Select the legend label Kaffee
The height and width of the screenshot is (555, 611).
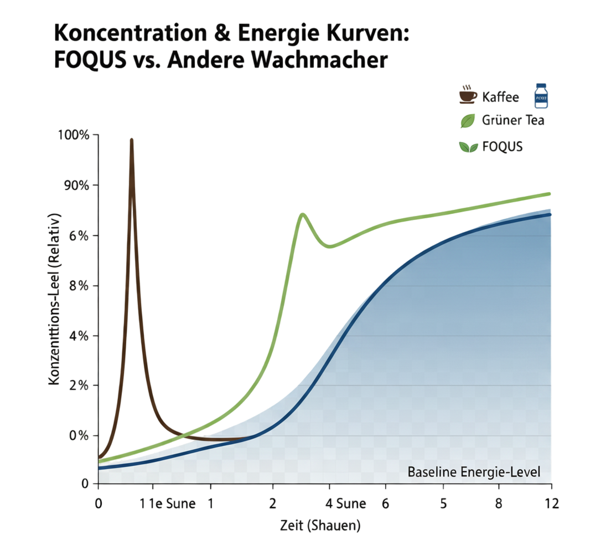pyautogui.click(x=501, y=97)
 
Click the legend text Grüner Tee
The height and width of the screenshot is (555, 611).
pyautogui.click(x=513, y=120)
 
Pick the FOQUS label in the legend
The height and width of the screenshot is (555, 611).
pyautogui.click(x=502, y=147)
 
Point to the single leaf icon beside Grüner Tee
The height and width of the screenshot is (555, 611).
pyautogui.click(x=468, y=120)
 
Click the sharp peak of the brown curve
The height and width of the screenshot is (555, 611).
pyautogui.click(x=131, y=140)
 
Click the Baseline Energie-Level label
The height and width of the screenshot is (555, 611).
pyautogui.click(x=473, y=473)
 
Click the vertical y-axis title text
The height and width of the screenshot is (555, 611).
pyautogui.click(x=55, y=299)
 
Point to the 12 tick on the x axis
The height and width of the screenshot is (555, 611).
pyautogui.click(x=551, y=503)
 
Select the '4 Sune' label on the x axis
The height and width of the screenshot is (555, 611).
pyautogui.click(x=345, y=503)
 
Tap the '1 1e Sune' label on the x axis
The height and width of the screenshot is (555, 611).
pyautogui.click(x=167, y=503)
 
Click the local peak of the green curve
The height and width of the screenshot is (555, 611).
pyautogui.click(x=302, y=213)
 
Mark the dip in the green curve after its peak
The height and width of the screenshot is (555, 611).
pyautogui.click(x=330, y=246)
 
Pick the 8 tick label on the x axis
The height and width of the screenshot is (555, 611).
pyautogui.click(x=500, y=503)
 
